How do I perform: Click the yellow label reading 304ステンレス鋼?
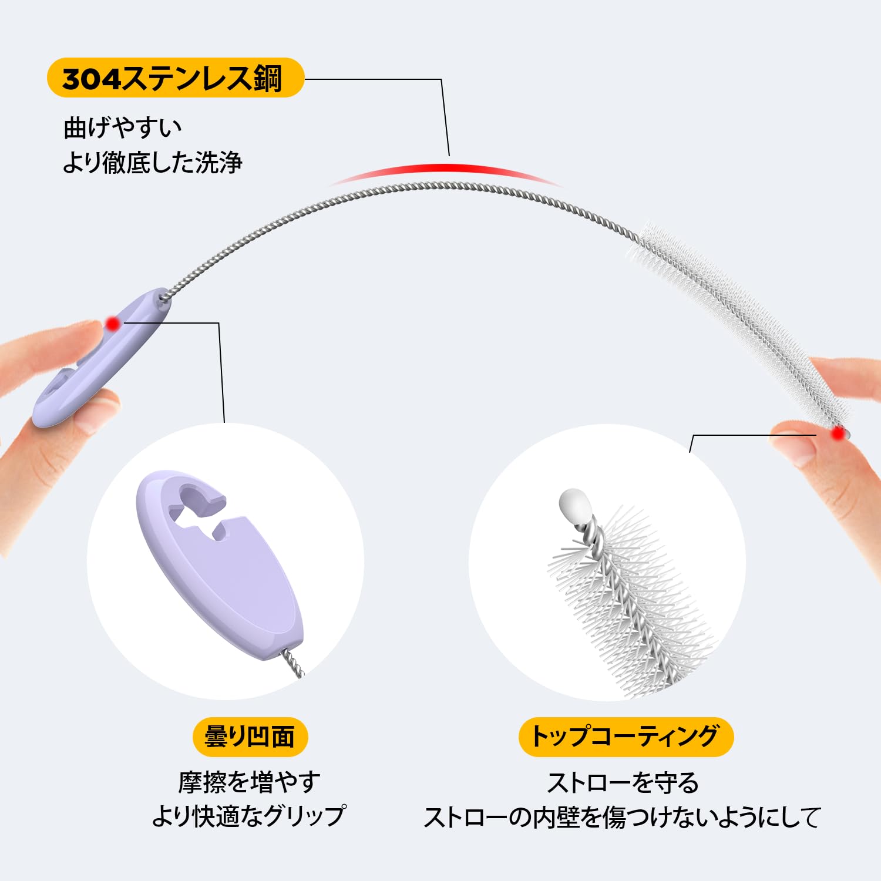(x=175, y=78)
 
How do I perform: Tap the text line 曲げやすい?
(x=123, y=127)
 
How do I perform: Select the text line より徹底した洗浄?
(x=152, y=163)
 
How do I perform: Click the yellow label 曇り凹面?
(x=250, y=737)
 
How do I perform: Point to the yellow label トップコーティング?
(x=626, y=737)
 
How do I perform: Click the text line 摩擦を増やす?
(x=250, y=782)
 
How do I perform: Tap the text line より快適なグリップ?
(x=249, y=816)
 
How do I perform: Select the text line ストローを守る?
(x=623, y=782)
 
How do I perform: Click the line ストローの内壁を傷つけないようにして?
(x=622, y=817)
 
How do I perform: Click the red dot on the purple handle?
(x=113, y=323)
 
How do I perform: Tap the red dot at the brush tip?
(x=838, y=433)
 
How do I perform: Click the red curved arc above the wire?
(x=446, y=170)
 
